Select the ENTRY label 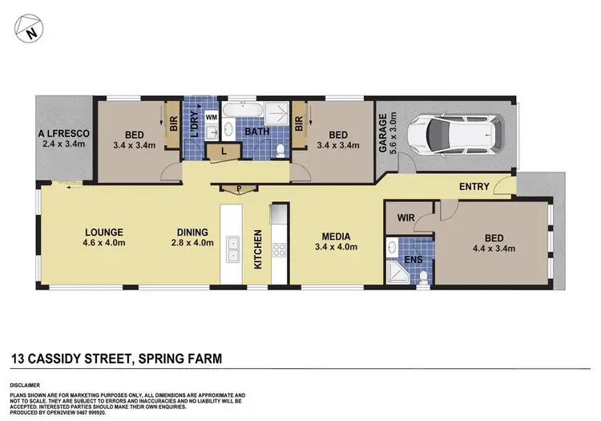coord(474,187)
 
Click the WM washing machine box coord(212,117)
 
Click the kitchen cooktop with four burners coord(279,249)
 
